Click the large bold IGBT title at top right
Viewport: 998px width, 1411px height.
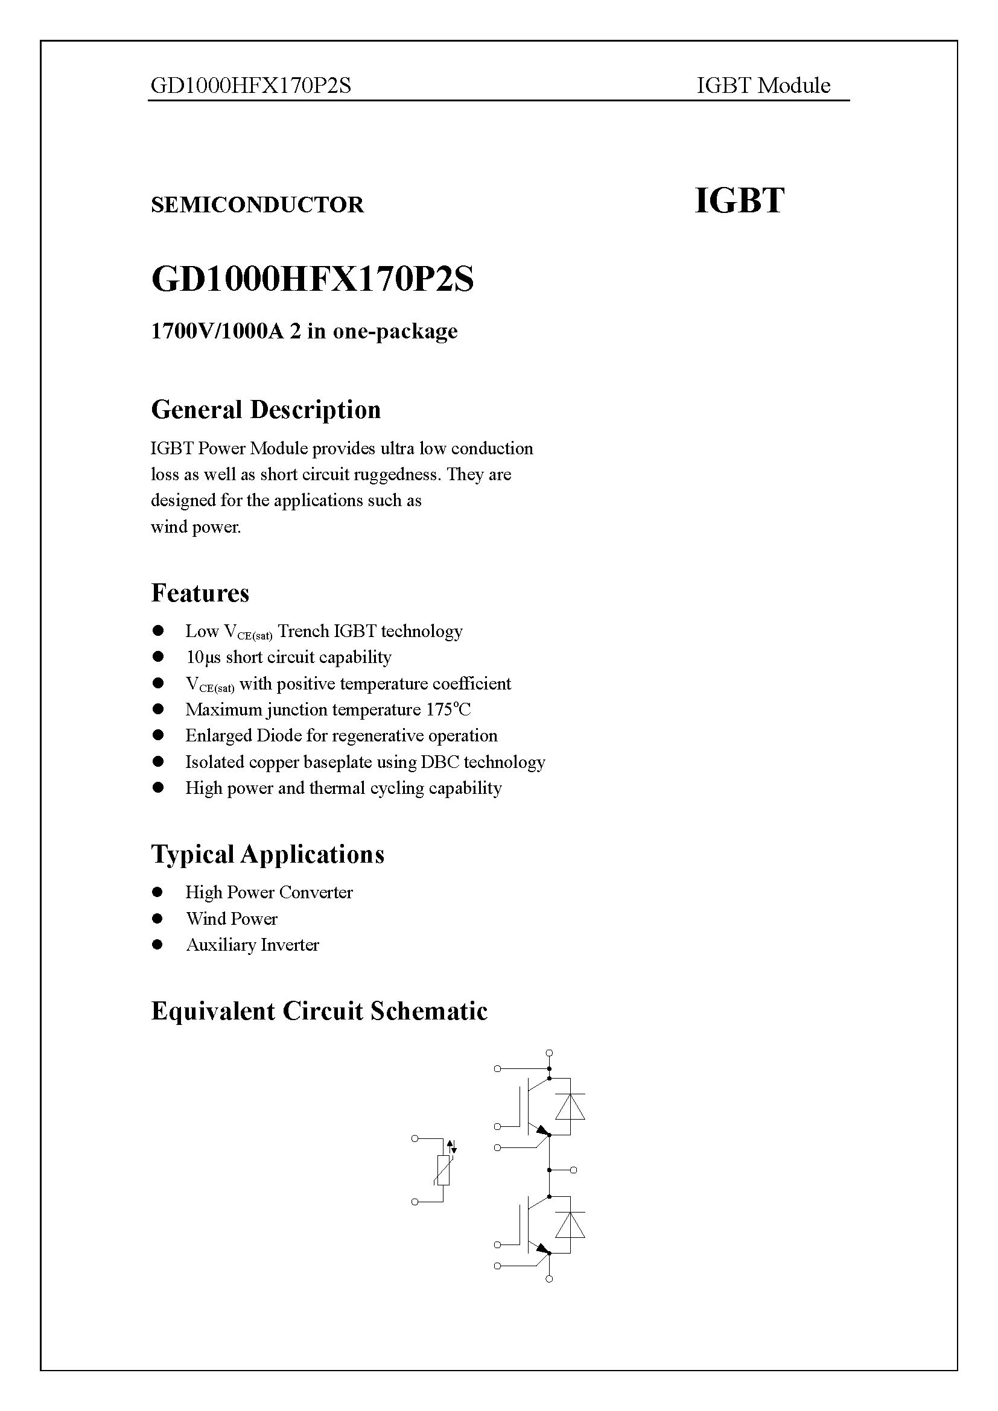pyautogui.click(x=739, y=201)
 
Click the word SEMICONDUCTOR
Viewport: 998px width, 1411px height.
pyautogui.click(x=257, y=205)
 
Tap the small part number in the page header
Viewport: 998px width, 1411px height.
pyautogui.click(x=251, y=86)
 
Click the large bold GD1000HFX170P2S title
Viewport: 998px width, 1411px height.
pyautogui.click(x=312, y=280)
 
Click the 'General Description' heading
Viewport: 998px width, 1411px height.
pyautogui.click(x=265, y=410)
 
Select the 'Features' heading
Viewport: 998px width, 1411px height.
pyautogui.click(x=200, y=593)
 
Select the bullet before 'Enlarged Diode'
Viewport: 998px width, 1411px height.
pyautogui.click(x=158, y=735)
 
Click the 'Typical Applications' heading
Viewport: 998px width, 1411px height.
pyautogui.click(x=267, y=854)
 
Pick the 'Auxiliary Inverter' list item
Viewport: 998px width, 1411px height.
pyautogui.click(x=252, y=945)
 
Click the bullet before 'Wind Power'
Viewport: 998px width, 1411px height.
pyautogui.click(x=158, y=918)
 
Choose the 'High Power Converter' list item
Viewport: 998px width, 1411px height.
pyautogui.click(x=269, y=892)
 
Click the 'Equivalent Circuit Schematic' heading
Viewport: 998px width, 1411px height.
pyautogui.click(x=319, y=1011)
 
